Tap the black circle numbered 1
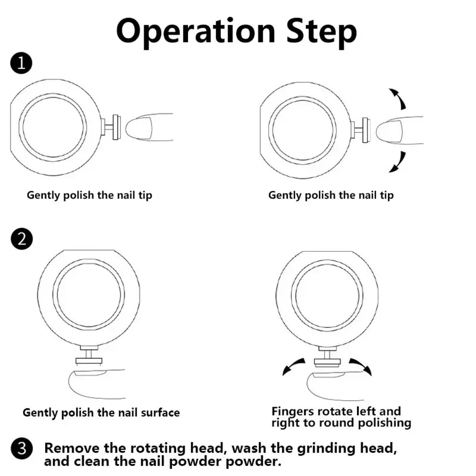coord(20,64)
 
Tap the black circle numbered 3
coord(22,449)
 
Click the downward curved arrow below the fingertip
coord(397,161)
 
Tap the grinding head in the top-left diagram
coord(116,128)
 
